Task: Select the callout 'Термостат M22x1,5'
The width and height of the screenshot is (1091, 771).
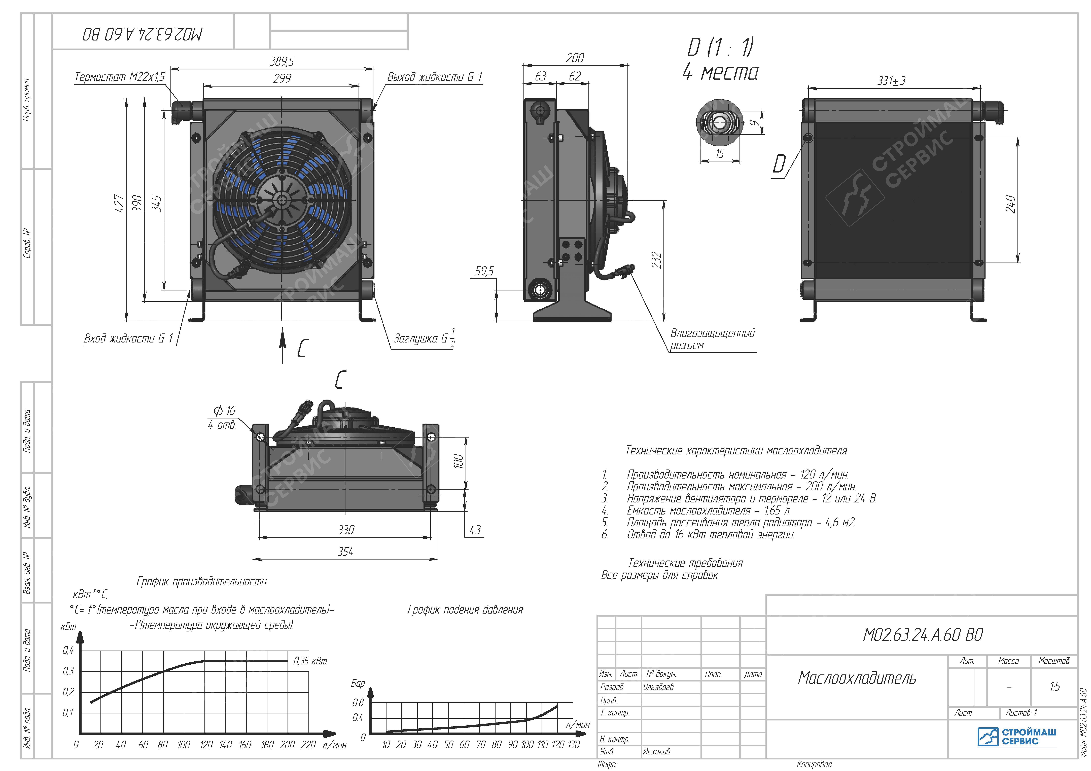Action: pos(120,77)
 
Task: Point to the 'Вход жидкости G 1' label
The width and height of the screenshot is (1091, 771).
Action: pos(128,338)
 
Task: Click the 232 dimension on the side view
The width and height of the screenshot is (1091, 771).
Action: pos(656,260)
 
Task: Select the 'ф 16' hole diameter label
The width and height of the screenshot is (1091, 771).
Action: pos(224,411)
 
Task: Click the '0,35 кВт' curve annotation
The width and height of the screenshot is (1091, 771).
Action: pos(310,661)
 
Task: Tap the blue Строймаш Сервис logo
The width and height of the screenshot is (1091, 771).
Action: pos(1017,736)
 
